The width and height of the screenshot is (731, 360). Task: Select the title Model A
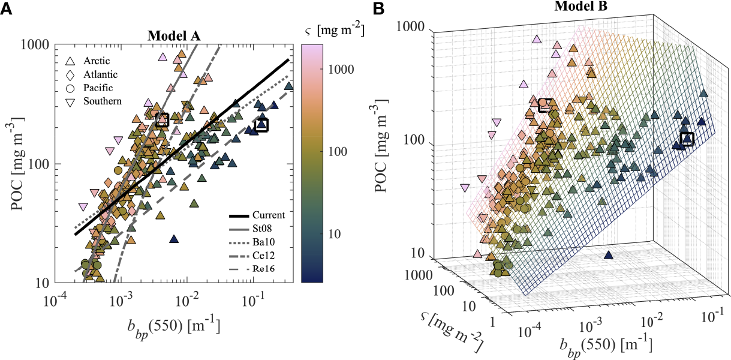(174, 35)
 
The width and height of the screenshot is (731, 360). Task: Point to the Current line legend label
(268, 215)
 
